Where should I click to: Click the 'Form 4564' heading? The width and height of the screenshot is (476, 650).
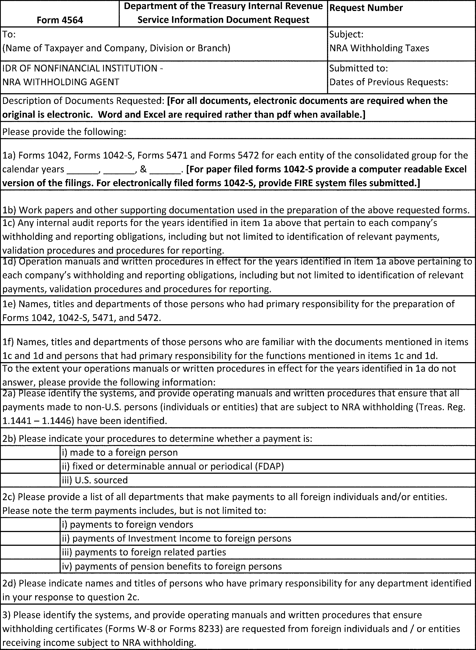pos(60,20)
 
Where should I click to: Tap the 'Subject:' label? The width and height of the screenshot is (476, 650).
pos(346,34)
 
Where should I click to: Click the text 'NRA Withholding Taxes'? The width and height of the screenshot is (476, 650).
pos(379,48)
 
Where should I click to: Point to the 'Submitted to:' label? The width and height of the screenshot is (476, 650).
pos(358,68)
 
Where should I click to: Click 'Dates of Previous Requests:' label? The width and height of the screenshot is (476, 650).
pos(388,82)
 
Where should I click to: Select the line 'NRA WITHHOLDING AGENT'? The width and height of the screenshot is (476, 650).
pos(60,82)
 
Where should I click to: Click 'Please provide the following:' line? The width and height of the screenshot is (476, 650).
pos(64,132)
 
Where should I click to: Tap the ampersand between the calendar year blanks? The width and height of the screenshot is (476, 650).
pos(143,169)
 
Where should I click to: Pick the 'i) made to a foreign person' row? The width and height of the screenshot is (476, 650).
pos(120,453)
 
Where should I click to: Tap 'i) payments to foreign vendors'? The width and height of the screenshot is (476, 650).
pos(127,525)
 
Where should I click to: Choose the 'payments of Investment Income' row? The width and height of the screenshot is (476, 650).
pos(176,538)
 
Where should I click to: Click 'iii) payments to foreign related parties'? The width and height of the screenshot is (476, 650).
pos(144,552)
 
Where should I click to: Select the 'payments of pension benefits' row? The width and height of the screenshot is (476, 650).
pos(172,566)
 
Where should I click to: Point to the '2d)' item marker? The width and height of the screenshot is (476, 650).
pos(10,583)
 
